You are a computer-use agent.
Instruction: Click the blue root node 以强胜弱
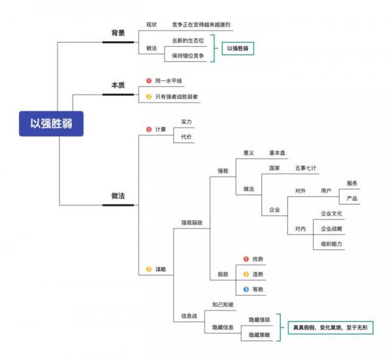52,123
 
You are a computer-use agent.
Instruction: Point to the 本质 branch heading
118,86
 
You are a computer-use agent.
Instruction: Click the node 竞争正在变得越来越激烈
202,24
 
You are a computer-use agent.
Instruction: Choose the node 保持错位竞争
188,56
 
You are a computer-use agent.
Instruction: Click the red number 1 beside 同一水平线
149,81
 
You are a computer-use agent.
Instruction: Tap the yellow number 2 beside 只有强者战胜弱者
149,97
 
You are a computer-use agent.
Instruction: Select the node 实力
187,122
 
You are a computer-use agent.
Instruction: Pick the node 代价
187,138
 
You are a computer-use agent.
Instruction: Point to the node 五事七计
306,168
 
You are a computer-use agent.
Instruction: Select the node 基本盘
278,153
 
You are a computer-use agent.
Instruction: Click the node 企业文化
331,214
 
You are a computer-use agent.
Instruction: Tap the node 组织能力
331,244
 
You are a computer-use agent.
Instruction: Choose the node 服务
352,183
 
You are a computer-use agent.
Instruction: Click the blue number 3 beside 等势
246,289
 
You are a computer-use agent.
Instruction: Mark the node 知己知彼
223,304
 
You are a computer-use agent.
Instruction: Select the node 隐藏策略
259,335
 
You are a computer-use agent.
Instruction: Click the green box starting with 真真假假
330,326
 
